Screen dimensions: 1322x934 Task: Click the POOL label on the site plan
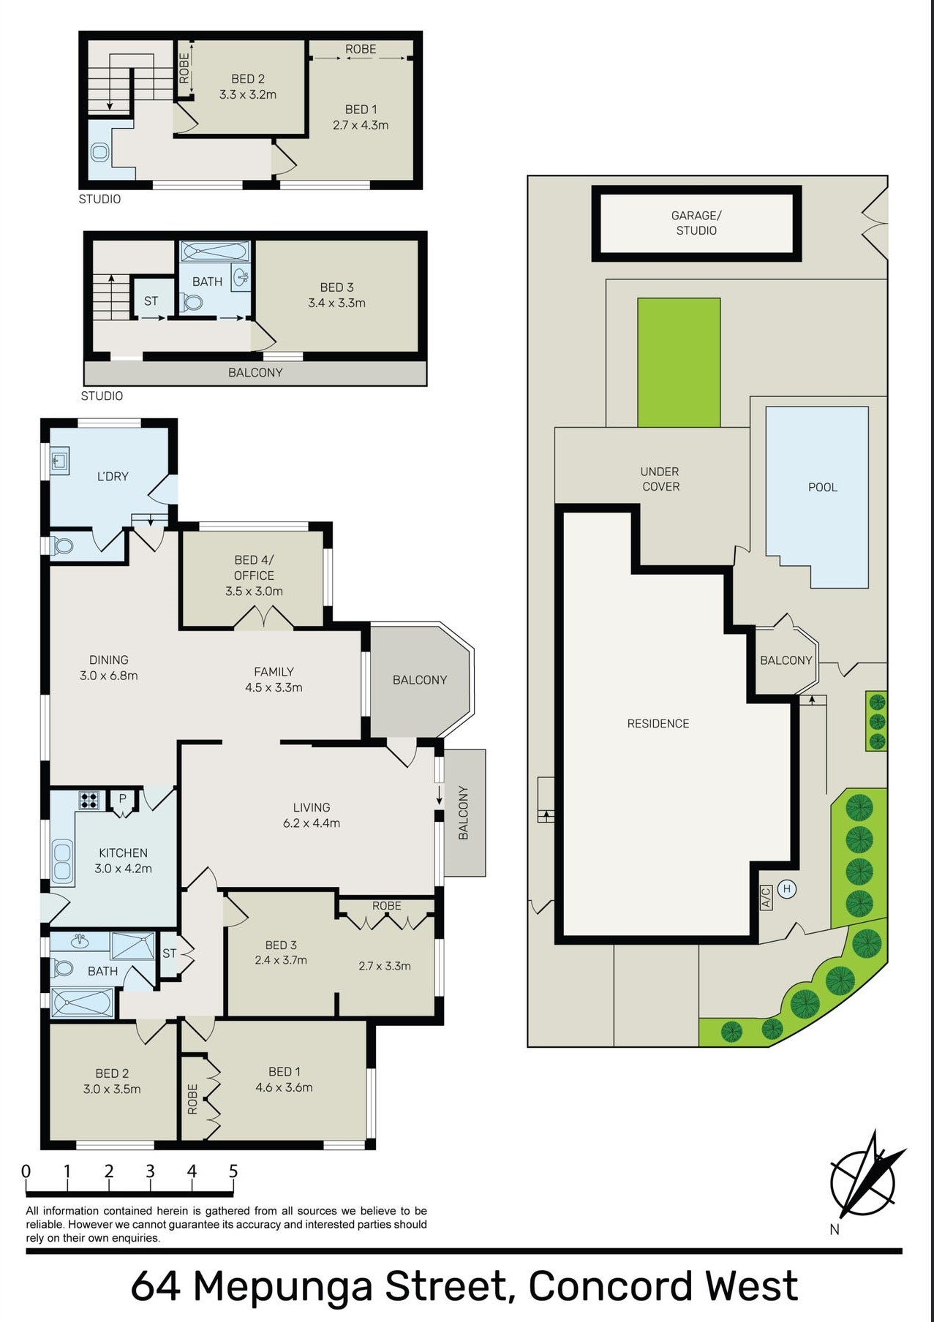(x=822, y=487)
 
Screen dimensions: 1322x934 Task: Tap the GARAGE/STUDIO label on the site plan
(x=696, y=223)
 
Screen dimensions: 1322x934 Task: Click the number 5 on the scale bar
(x=233, y=1171)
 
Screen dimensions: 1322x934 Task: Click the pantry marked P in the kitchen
(x=122, y=799)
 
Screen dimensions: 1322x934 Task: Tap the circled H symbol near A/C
(x=787, y=889)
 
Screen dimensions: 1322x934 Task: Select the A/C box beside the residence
(x=766, y=896)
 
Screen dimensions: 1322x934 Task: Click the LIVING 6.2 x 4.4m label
(x=312, y=815)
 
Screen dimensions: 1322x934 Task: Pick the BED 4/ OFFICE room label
(x=254, y=575)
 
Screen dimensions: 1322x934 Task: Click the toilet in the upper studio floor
(x=100, y=152)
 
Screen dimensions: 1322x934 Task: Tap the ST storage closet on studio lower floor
(x=151, y=301)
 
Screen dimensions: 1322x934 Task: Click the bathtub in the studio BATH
(x=215, y=252)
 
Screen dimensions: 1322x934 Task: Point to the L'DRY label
(x=113, y=476)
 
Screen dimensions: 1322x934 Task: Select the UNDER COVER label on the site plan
(x=660, y=479)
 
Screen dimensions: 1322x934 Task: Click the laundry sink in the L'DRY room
(x=60, y=461)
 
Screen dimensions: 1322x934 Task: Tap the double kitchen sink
(x=62, y=861)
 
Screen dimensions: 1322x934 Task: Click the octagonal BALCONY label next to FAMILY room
(x=419, y=679)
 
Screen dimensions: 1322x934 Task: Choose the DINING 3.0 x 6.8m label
(x=109, y=668)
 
